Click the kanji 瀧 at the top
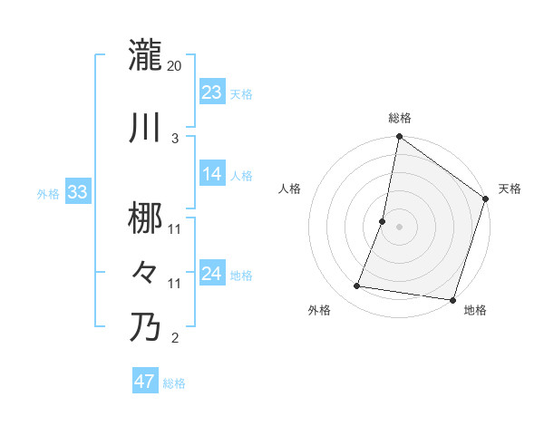click(145, 55)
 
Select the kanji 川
click(145, 128)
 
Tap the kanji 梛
click(145, 218)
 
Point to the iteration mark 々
click(145, 272)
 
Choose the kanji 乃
click(145, 327)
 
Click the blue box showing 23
click(212, 92)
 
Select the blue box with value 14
click(212, 174)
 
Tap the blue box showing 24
click(212, 274)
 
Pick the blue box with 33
click(77, 192)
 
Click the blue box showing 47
click(145, 382)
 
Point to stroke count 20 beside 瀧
click(175, 66)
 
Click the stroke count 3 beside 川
click(175, 139)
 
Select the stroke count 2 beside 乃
click(175, 339)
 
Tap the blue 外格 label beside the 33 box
click(48, 193)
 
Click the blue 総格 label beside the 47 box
click(174, 382)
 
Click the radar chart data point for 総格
click(399, 138)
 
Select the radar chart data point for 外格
click(357, 286)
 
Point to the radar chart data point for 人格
click(383, 221)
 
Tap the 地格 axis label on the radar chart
click(475, 310)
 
